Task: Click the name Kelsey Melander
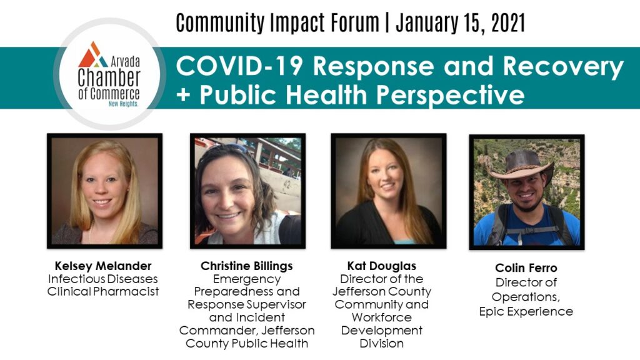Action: point(103,266)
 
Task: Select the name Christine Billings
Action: point(246,266)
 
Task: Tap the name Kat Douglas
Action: point(382,266)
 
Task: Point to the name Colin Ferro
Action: point(526,267)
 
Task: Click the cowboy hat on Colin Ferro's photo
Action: point(522,165)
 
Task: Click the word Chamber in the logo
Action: point(109,77)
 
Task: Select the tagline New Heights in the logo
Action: point(123,104)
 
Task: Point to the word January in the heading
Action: point(425,24)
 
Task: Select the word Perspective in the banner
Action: point(450,96)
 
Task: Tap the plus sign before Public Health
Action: point(184,96)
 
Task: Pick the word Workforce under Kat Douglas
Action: point(382,317)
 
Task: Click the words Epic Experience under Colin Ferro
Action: point(526,311)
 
